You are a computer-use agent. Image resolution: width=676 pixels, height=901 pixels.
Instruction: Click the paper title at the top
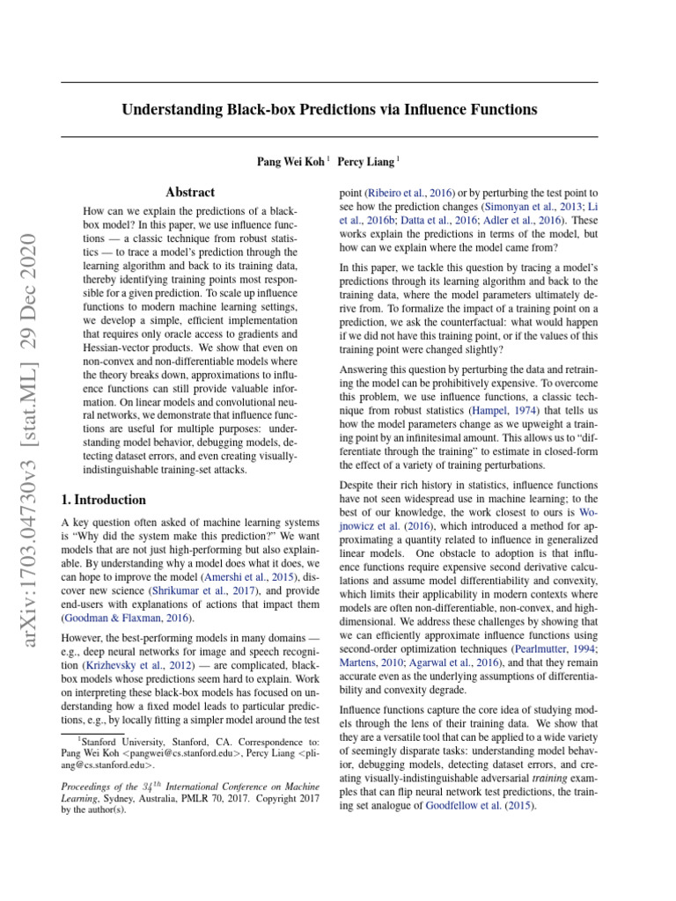pos(329,110)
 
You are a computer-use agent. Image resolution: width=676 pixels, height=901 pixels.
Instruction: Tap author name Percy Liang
pos(368,161)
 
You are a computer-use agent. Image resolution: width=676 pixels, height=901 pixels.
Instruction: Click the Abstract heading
pos(190,192)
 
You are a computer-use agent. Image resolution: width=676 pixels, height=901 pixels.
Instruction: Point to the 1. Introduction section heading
pos(103,500)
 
